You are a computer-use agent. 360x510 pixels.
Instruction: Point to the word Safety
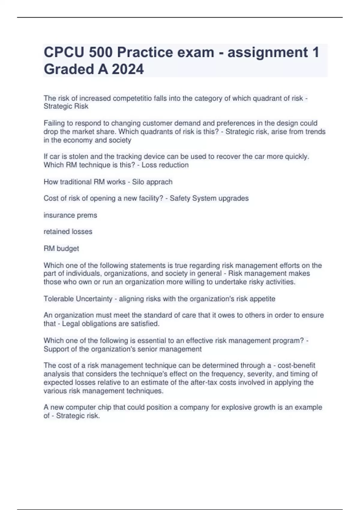tap(180, 198)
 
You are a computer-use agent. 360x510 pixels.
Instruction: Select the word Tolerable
tap(59, 299)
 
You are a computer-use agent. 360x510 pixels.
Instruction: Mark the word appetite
tap(262, 299)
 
